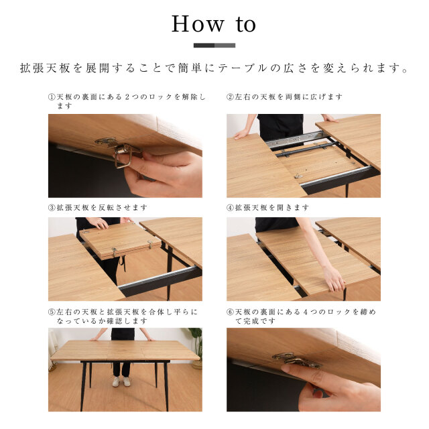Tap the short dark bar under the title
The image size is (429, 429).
(204, 46)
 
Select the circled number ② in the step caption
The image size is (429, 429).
(231, 97)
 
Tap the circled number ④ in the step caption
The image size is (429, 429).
(231, 208)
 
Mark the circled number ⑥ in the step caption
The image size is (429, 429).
(231, 312)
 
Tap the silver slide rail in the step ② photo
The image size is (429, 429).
(288, 141)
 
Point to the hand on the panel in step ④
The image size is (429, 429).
(333, 278)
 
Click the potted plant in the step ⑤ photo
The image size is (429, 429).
(196, 350)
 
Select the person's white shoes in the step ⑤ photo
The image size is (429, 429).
(121, 381)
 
